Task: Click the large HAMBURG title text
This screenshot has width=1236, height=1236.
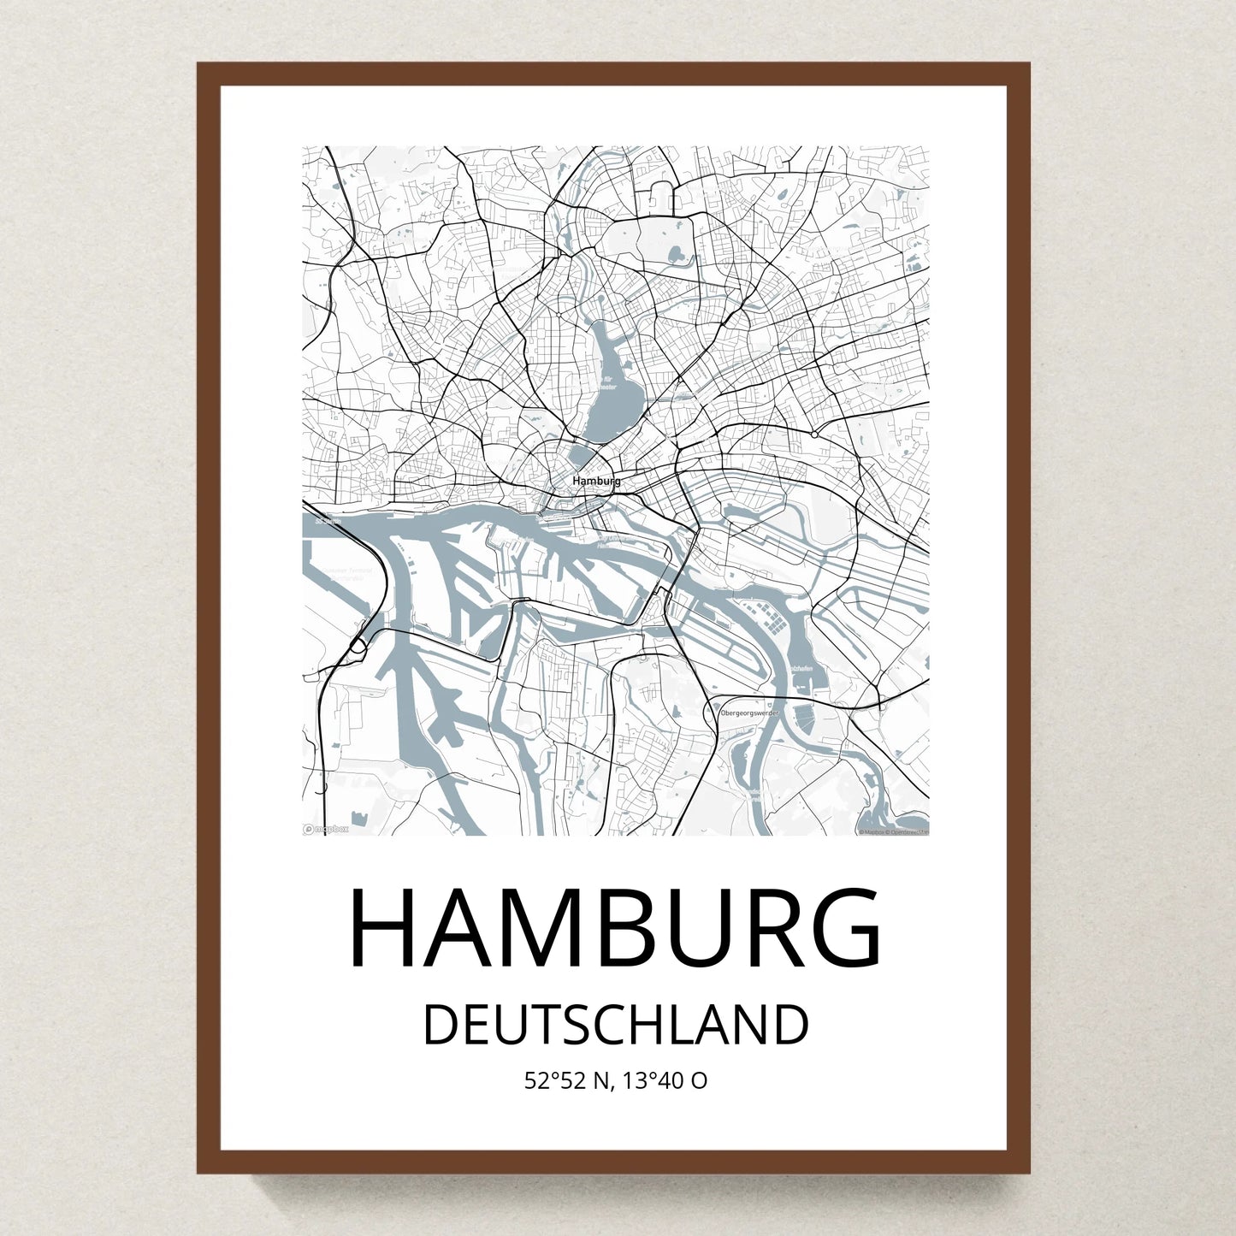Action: click(616, 930)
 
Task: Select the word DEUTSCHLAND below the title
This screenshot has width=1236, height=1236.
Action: click(616, 1026)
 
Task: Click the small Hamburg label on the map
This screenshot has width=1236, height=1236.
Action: click(596, 482)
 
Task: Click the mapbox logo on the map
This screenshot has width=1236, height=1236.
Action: click(326, 828)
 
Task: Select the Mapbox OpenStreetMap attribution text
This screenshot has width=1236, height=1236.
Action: click(893, 831)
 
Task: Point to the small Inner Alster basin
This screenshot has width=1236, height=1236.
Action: click(583, 456)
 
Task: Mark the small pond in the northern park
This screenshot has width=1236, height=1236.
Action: click(676, 253)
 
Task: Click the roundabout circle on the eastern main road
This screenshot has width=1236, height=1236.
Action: click(814, 435)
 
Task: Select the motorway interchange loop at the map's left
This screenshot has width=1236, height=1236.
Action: click(358, 648)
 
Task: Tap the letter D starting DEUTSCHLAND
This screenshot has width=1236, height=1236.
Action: click(441, 1026)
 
